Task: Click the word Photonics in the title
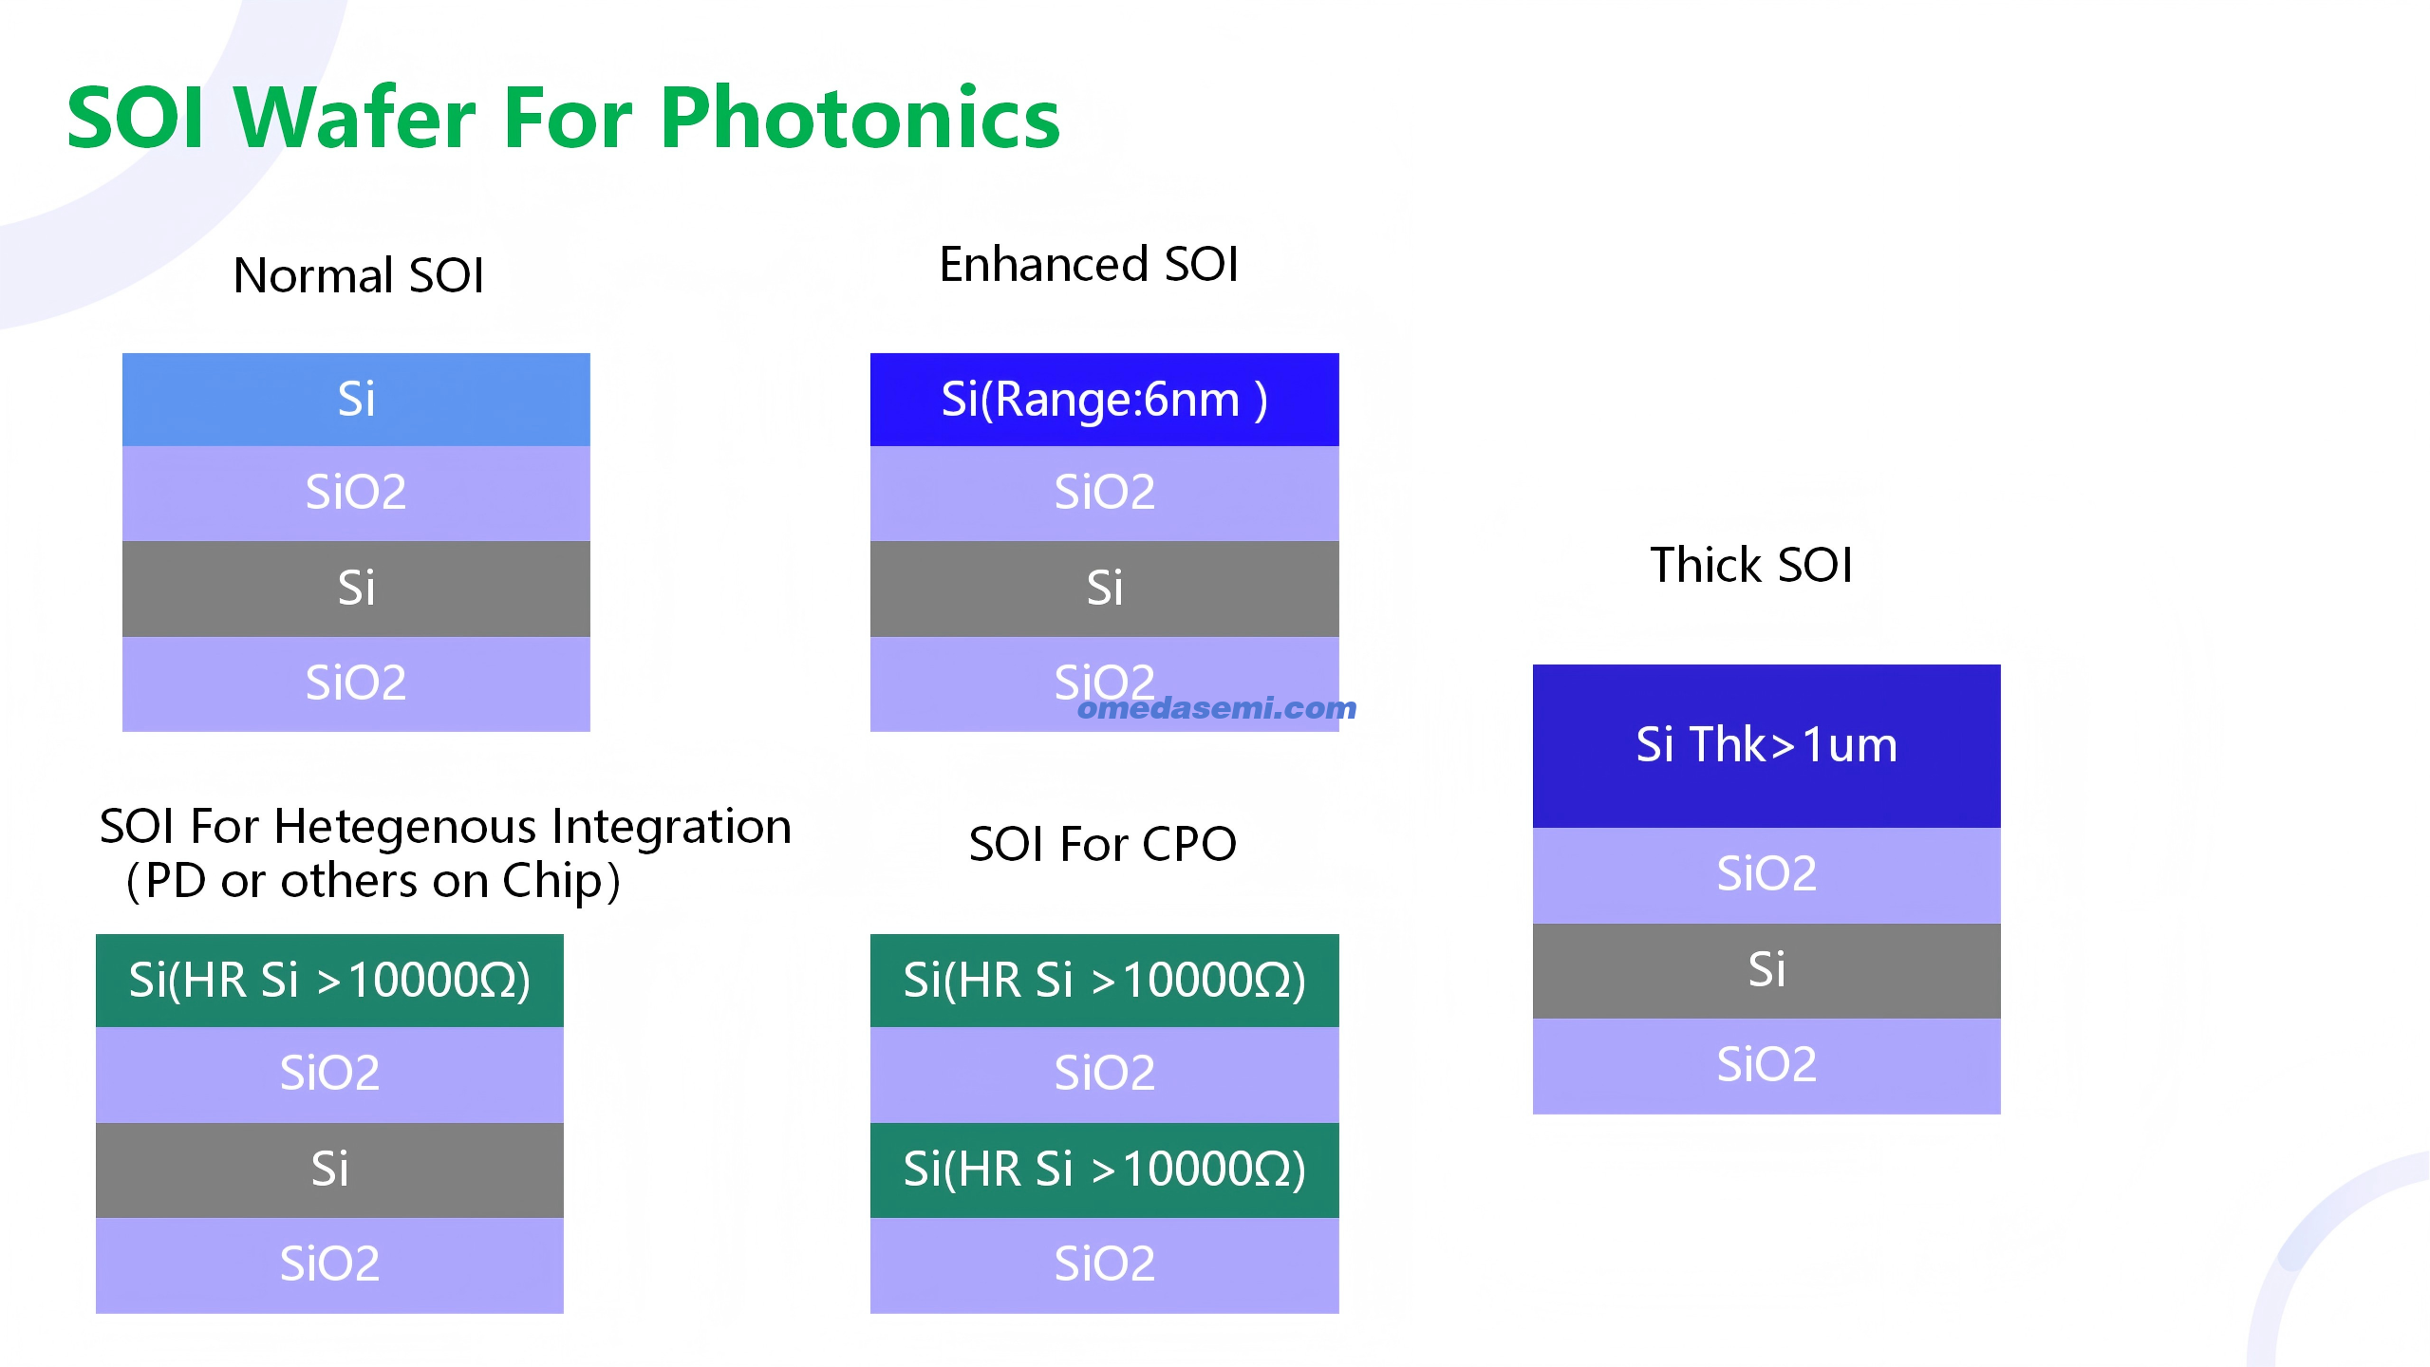860,118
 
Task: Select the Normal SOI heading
359,275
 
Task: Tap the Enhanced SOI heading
1089,264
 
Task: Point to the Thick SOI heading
1751,565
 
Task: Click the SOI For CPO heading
1103,843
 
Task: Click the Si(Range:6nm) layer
1105,400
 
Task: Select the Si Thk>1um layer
1766,746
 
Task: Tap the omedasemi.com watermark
1217,708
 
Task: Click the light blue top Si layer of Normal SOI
356,400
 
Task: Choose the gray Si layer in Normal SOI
356,589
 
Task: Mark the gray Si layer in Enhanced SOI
1105,589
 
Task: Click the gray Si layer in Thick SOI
1766,971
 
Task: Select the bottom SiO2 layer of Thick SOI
1766,1066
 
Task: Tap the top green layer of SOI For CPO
1105,981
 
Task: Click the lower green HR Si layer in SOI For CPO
1105,1170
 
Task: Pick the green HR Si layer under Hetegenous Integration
329,981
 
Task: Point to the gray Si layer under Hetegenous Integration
329,1170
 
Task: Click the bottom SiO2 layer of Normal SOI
356,683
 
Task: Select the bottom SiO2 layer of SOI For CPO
1105,1265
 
